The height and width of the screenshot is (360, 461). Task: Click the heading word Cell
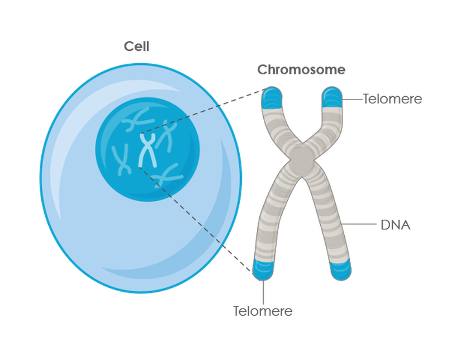(137, 46)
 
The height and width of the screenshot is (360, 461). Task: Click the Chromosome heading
(301, 70)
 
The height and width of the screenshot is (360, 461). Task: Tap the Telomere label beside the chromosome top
(392, 99)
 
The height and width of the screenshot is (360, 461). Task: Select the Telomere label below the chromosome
(263, 311)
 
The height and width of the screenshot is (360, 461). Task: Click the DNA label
(396, 225)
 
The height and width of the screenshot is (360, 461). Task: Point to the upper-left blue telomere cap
(272, 98)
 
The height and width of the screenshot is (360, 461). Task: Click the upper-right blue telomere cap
(332, 97)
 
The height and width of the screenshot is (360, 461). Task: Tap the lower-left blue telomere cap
(263, 269)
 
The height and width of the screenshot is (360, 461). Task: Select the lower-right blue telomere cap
(341, 269)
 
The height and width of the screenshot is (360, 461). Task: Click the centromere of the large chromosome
(302, 159)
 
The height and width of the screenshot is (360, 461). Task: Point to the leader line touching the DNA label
(359, 224)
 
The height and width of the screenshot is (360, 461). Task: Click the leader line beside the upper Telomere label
(353, 99)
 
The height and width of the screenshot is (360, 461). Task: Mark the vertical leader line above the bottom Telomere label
(263, 292)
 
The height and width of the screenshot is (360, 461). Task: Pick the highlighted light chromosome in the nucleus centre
(148, 150)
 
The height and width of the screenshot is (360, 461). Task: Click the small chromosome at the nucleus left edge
(121, 160)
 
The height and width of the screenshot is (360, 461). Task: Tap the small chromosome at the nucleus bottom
(167, 176)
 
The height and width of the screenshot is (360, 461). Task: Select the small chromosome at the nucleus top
(137, 120)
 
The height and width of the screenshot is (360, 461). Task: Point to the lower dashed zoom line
(196, 220)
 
